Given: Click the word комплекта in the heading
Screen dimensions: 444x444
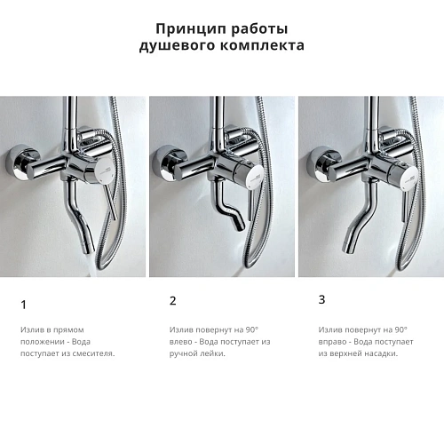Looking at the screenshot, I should point(262,45).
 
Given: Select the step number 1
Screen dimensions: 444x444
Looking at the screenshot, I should point(23,305).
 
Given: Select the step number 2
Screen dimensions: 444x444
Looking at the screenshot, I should point(172,301).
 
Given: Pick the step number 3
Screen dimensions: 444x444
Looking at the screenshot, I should point(321,299).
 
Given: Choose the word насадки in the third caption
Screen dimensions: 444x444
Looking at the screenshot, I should point(379,353).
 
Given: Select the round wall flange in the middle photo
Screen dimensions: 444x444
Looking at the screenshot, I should point(167,163).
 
